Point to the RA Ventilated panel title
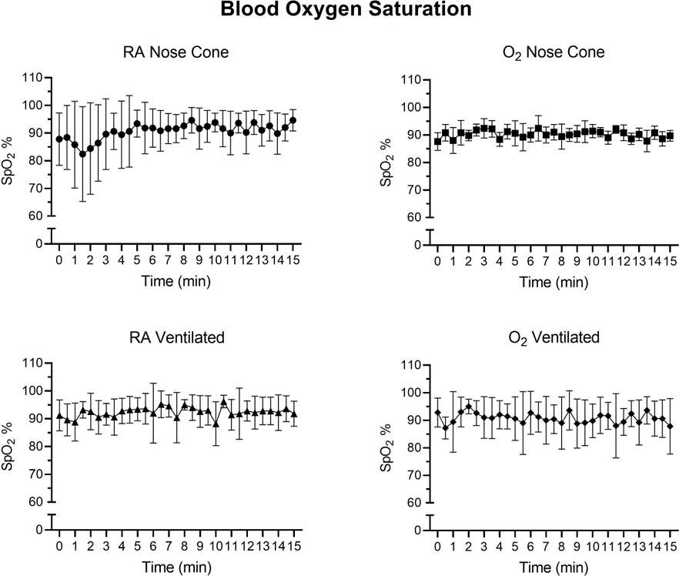176,340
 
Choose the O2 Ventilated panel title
554,340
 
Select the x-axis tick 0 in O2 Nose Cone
437,262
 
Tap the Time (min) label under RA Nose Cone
176,281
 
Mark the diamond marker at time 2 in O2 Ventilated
468,407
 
